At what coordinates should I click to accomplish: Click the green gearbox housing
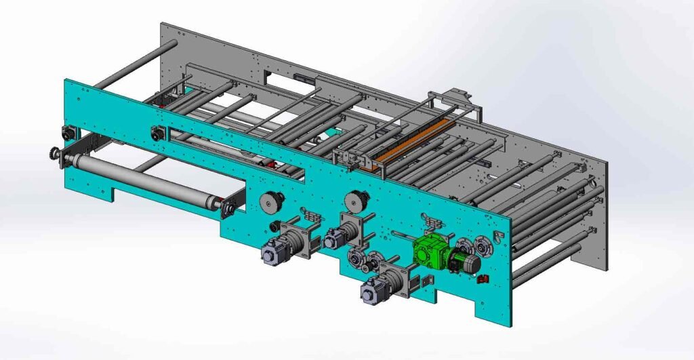click(428, 249)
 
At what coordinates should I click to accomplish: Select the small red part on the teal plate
click(482, 279)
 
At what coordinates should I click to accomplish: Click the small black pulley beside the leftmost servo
click(274, 225)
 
